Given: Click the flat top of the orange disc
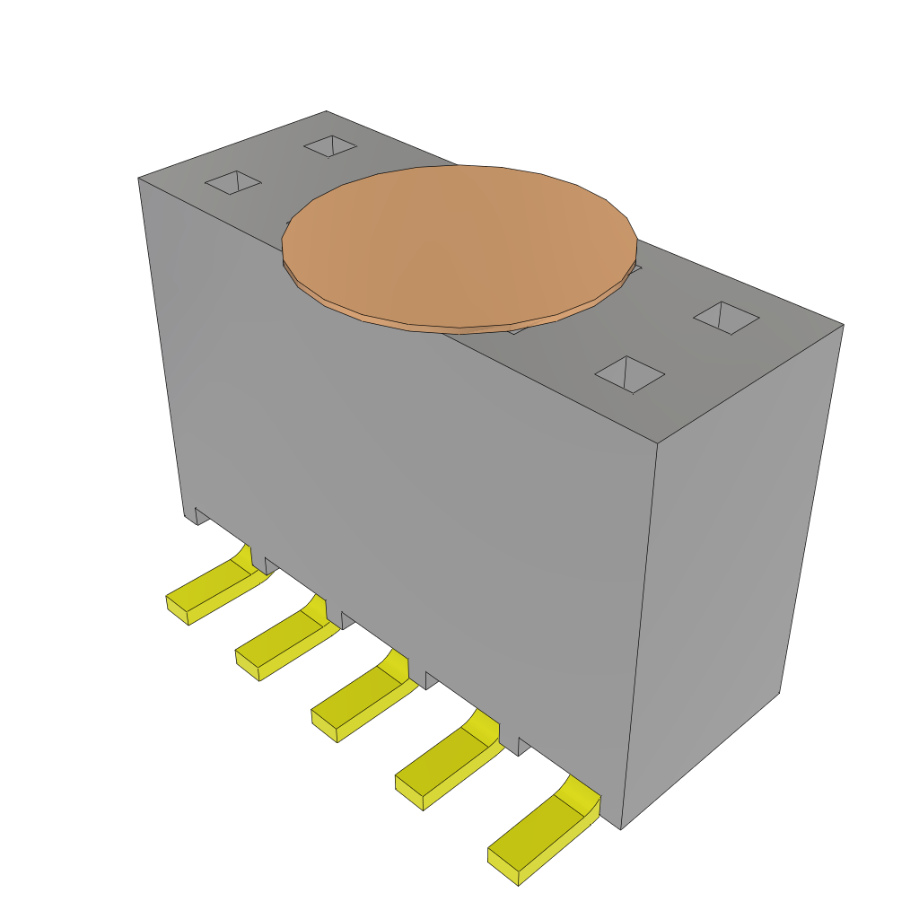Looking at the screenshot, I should tap(459, 242).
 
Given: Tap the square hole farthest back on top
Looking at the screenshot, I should tap(330, 145).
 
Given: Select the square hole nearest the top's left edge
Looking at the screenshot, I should tap(233, 182).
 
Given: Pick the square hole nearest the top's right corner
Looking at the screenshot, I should tap(727, 318).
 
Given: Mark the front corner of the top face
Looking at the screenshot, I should tap(658, 442).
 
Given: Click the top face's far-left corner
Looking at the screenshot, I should tap(140, 179).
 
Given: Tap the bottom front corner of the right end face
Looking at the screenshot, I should tap(621, 827).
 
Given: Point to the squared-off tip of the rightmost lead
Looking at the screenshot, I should tap(503, 865).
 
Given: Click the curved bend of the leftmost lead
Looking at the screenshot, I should tap(243, 557).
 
